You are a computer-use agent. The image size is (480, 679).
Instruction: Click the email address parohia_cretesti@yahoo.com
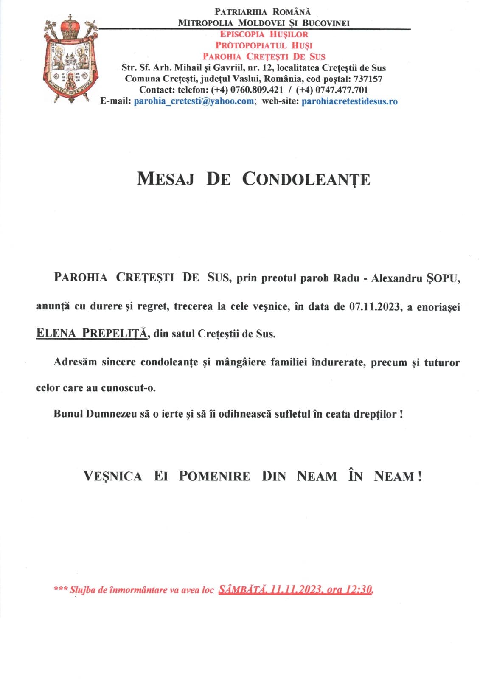pyautogui.click(x=194, y=101)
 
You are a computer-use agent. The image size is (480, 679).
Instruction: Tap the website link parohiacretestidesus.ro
pyautogui.click(x=349, y=101)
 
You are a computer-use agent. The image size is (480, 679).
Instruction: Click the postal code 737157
pyautogui.click(x=368, y=79)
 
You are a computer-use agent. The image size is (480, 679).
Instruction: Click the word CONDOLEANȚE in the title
pyautogui.click(x=306, y=179)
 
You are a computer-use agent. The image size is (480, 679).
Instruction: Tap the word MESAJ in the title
pyautogui.click(x=166, y=179)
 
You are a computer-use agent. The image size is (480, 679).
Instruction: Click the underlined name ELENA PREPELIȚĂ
pyautogui.click(x=92, y=333)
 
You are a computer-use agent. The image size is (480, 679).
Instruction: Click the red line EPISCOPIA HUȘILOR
pyautogui.click(x=264, y=34)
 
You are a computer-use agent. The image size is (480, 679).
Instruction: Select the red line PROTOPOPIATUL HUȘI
pyautogui.click(x=264, y=45)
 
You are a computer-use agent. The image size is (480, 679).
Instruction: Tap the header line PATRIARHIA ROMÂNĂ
pyautogui.click(x=263, y=12)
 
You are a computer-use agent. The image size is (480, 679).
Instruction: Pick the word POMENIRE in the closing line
pyautogui.click(x=214, y=476)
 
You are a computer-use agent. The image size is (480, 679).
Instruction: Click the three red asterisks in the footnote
pyautogui.click(x=60, y=589)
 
